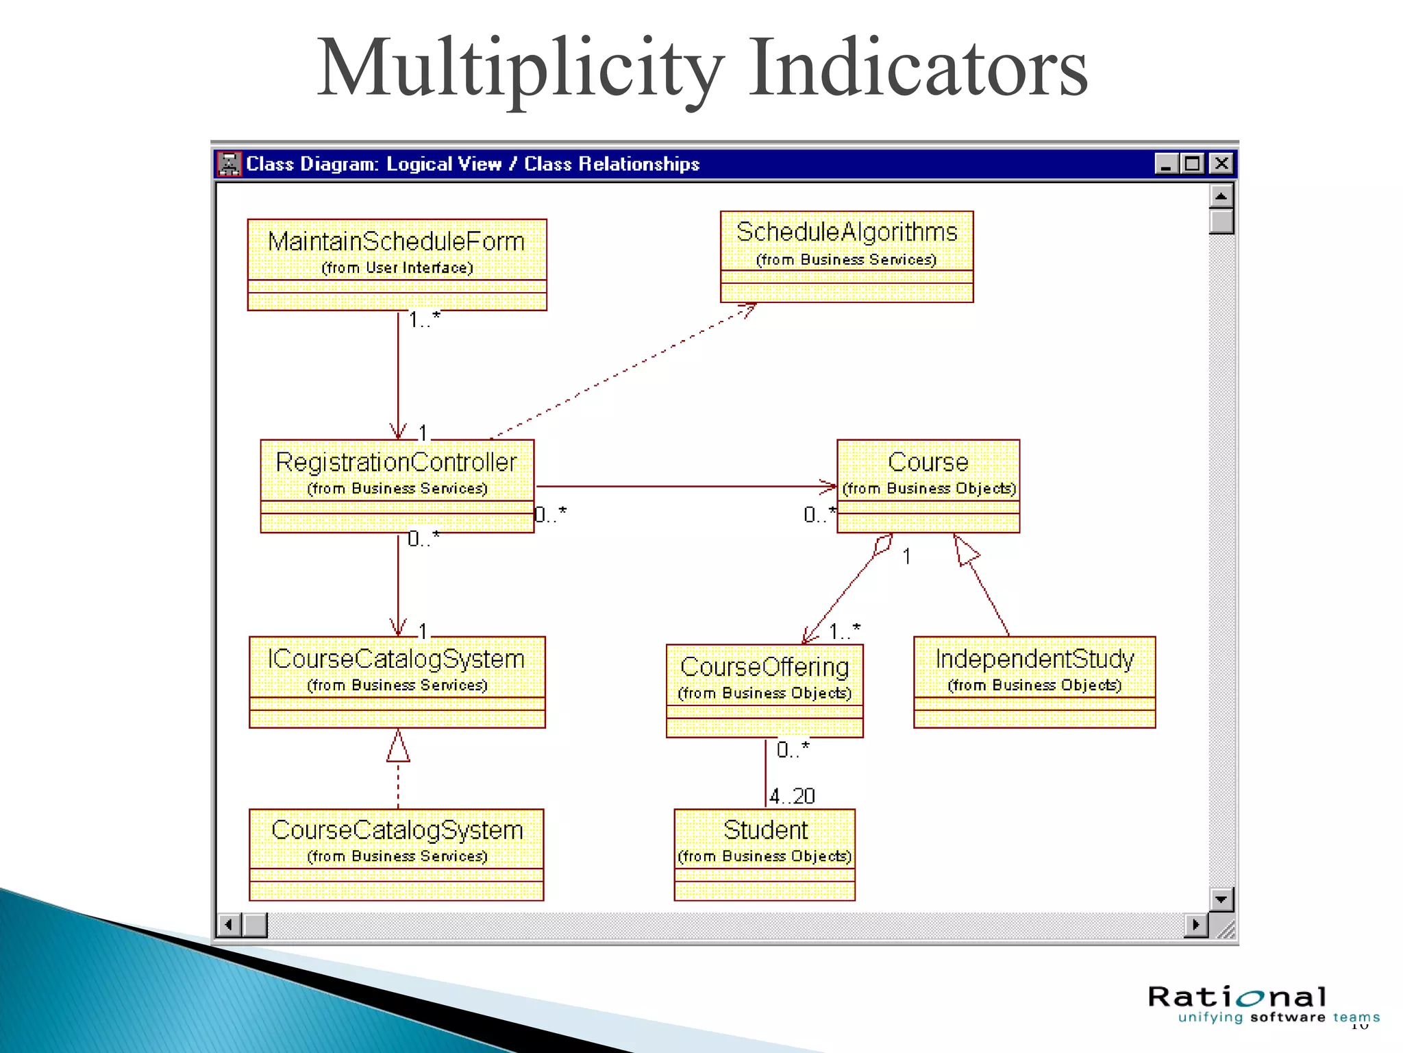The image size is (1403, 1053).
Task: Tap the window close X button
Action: click(x=1221, y=164)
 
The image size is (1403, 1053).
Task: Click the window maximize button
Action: click(x=1193, y=164)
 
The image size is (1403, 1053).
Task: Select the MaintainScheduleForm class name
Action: click(x=396, y=241)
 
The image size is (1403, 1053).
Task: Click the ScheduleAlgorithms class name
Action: click(x=847, y=232)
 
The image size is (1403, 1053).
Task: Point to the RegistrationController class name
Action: click(x=396, y=462)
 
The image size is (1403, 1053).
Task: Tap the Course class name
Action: click(x=928, y=462)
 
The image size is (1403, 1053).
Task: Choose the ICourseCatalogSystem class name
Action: click(x=396, y=659)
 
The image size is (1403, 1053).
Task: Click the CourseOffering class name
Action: click(x=765, y=666)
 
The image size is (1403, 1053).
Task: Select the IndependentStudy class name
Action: click(x=1034, y=659)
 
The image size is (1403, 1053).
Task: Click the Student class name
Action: click(x=765, y=830)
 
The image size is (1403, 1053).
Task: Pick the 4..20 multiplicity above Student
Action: click(x=792, y=796)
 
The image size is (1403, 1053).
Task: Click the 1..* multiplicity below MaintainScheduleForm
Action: click(x=424, y=319)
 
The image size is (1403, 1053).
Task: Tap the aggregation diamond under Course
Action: click(x=883, y=545)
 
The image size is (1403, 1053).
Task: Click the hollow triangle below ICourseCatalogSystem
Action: click(x=398, y=747)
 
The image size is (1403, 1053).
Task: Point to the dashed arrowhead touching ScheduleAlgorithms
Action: click(x=749, y=310)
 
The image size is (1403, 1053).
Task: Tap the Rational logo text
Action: click(x=1237, y=997)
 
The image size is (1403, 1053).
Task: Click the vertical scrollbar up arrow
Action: click(x=1221, y=197)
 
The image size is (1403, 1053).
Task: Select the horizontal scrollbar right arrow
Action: click(x=1195, y=925)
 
